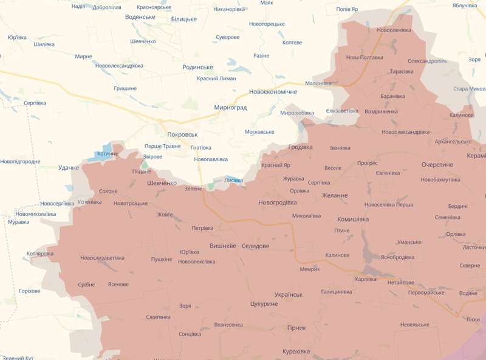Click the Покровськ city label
[x=182, y=134]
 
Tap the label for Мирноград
[x=230, y=108]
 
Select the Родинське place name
[x=197, y=67]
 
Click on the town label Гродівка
[x=299, y=147]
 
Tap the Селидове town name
[x=255, y=246]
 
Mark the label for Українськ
[x=289, y=294]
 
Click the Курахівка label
[x=296, y=351]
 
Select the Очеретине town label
[x=437, y=165]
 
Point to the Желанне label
[x=334, y=196]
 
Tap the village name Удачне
[x=69, y=168]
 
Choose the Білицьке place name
[x=183, y=19]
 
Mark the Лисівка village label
[x=234, y=181]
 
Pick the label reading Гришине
[x=125, y=89]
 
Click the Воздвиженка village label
[x=381, y=112]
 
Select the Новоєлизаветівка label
[x=102, y=258]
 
